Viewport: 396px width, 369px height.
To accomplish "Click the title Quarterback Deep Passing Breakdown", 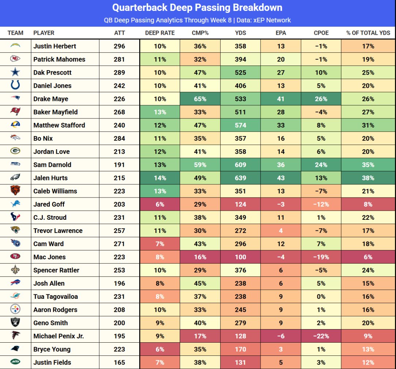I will (x=197, y=8).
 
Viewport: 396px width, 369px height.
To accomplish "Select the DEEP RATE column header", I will (x=160, y=33).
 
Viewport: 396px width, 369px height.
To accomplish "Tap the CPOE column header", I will (x=321, y=33).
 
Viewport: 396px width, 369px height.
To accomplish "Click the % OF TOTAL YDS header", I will (x=368, y=33).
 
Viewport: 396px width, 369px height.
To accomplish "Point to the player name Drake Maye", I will (x=51, y=99).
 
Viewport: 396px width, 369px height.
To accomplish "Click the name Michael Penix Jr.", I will (x=58, y=336).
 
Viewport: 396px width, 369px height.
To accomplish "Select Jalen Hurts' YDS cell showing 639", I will (x=240, y=178).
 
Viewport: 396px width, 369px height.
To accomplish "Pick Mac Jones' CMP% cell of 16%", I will (x=200, y=257).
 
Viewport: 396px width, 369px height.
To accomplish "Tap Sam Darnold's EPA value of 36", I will (x=281, y=165).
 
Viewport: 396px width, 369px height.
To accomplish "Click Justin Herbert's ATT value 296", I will (x=119, y=46).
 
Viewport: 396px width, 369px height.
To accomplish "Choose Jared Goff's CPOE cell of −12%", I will (x=321, y=204).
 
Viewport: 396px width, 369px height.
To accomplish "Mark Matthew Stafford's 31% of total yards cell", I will (x=368, y=125).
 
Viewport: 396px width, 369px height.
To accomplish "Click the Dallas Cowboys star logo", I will (x=15, y=72).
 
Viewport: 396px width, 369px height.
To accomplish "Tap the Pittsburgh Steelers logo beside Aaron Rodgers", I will (x=15, y=310).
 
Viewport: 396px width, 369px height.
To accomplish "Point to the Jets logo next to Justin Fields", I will (x=15, y=362).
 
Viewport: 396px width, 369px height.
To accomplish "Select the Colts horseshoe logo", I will (x=15, y=86).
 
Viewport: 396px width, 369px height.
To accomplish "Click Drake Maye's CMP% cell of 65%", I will (x=200, y=99).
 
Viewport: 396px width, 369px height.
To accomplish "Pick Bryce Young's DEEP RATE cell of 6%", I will (x=160, y=349).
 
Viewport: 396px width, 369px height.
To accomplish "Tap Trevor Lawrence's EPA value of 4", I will (x=281, y=231).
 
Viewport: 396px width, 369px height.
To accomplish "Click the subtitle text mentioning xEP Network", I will (x=197, y=20).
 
